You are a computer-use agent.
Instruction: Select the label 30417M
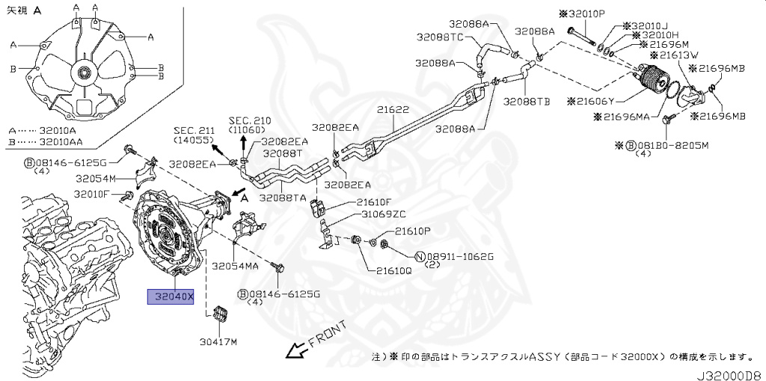tap(218, 342)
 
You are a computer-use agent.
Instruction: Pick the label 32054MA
tap(235, 266)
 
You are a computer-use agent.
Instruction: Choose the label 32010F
tap(91, 195)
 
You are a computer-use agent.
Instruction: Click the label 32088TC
tap(440, 37)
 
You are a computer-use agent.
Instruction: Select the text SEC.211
tap(194, 130)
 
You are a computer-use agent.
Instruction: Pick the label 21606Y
tap(619, 101)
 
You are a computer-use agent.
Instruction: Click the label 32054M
tap(95, 179)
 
